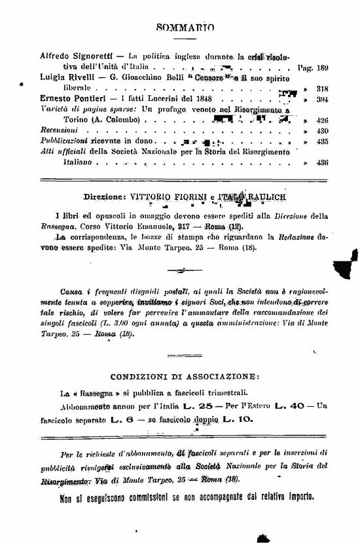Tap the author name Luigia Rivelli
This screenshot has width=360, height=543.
pos(68,77)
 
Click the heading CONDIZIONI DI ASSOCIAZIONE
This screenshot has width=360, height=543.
pos(184,378)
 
